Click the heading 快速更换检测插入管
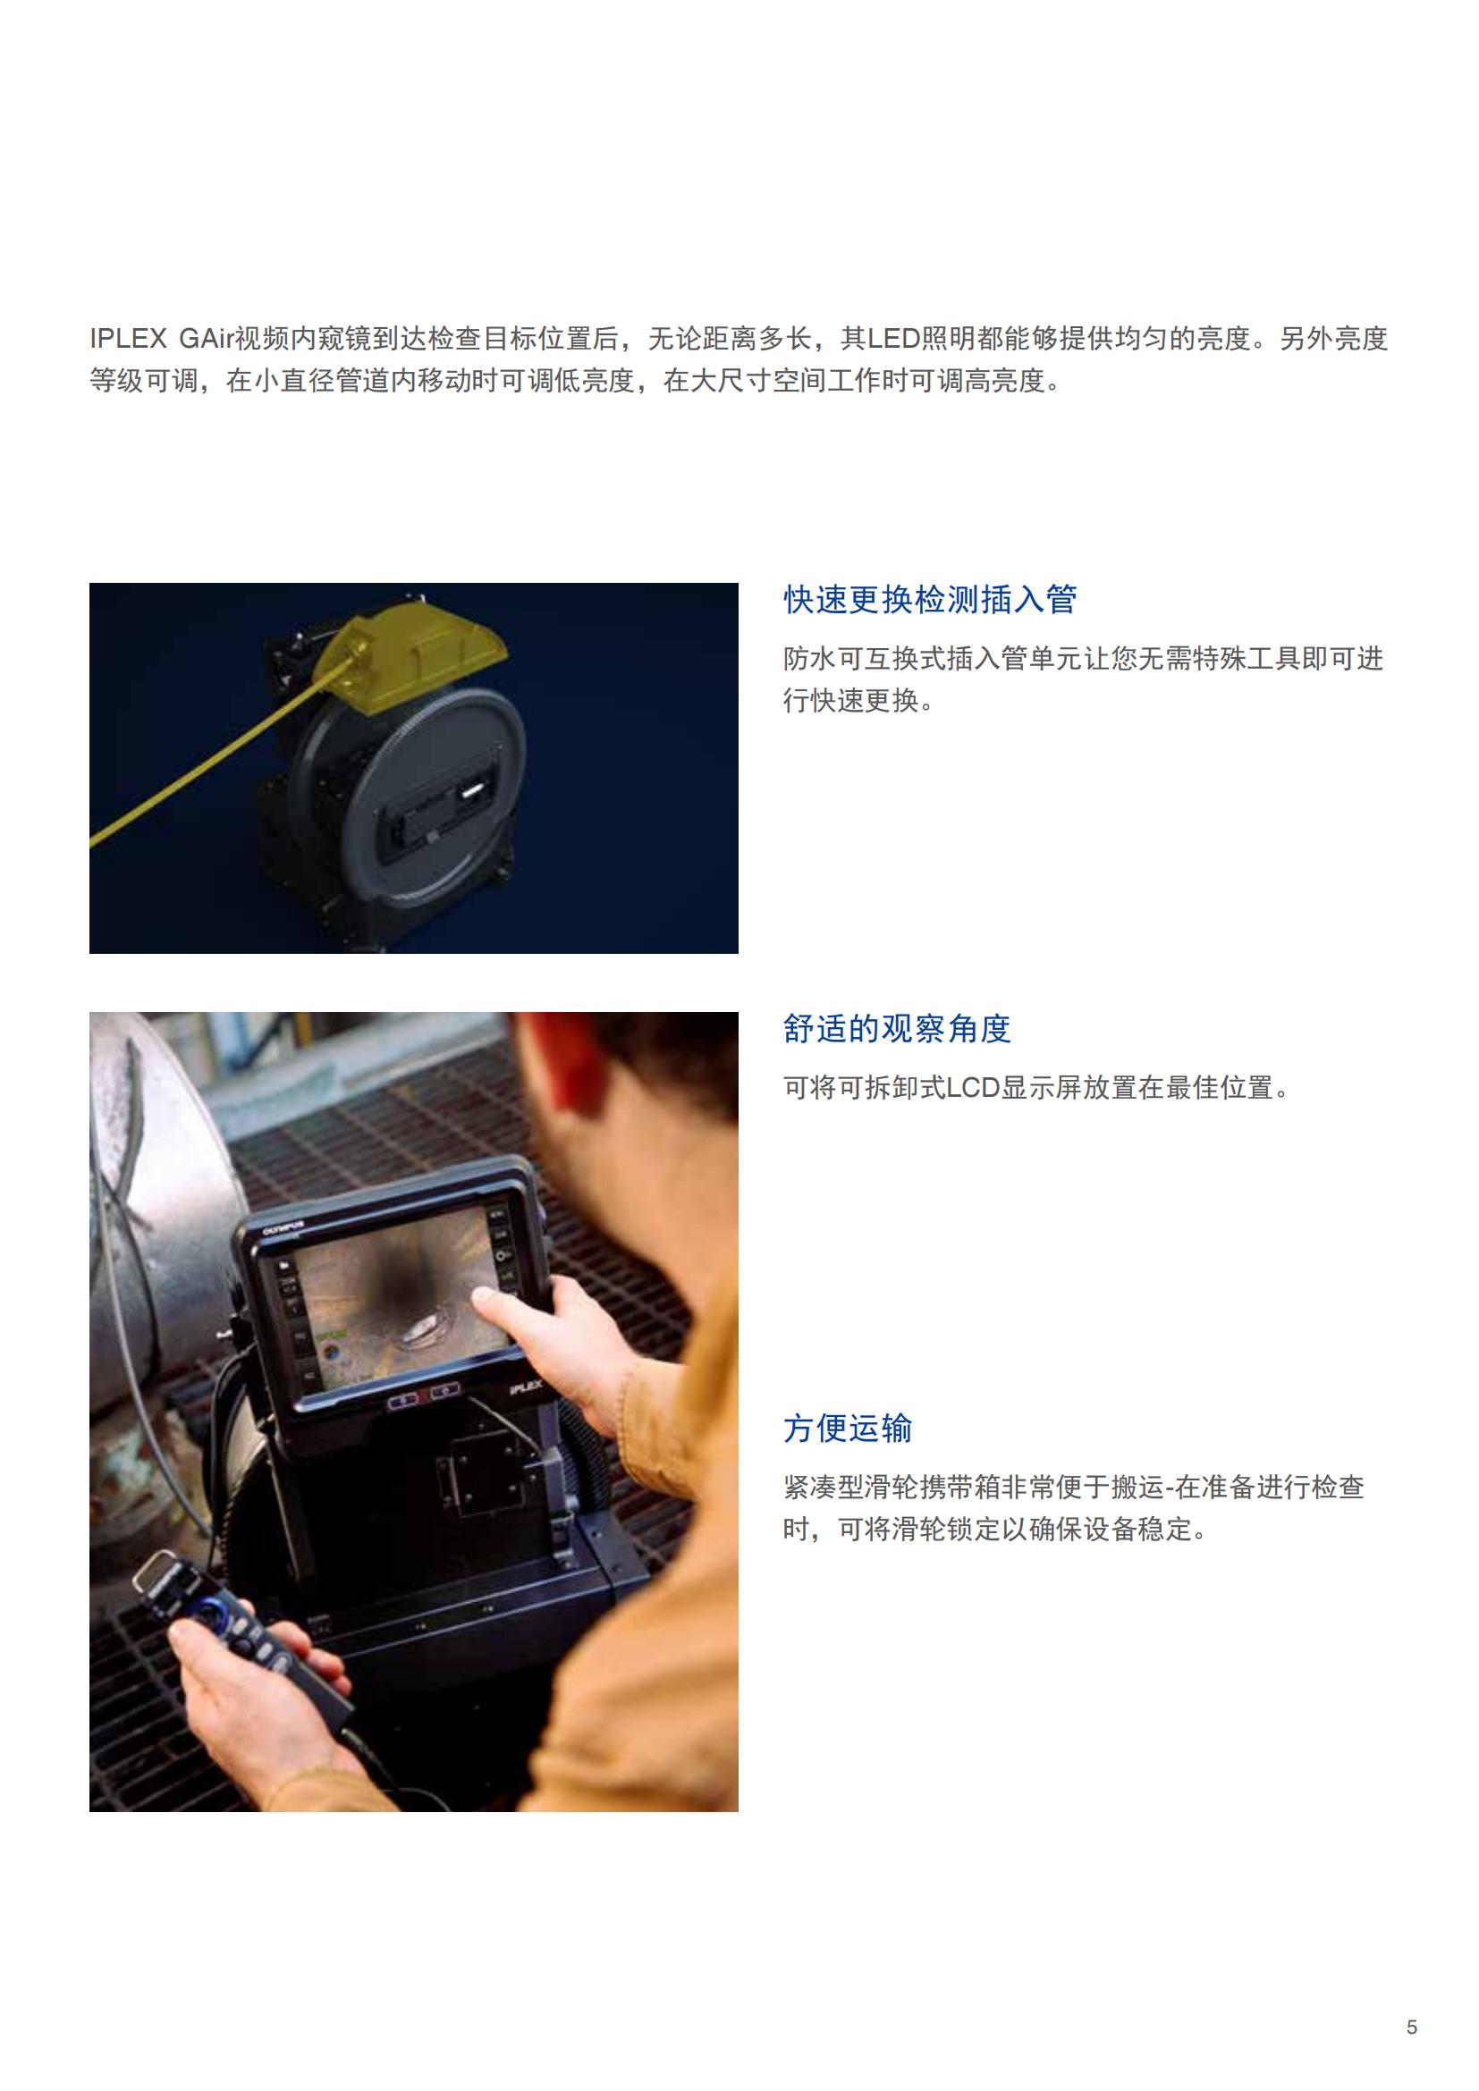[x=930, y=600]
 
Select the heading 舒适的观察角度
[x=897, y=1029]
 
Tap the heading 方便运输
[x=847, y=1429]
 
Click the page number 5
[x=1412, y=2028]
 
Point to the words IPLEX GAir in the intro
[x=160, y=339]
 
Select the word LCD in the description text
[x=973, y=1088]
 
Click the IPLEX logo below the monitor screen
[x=525, y=1389]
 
